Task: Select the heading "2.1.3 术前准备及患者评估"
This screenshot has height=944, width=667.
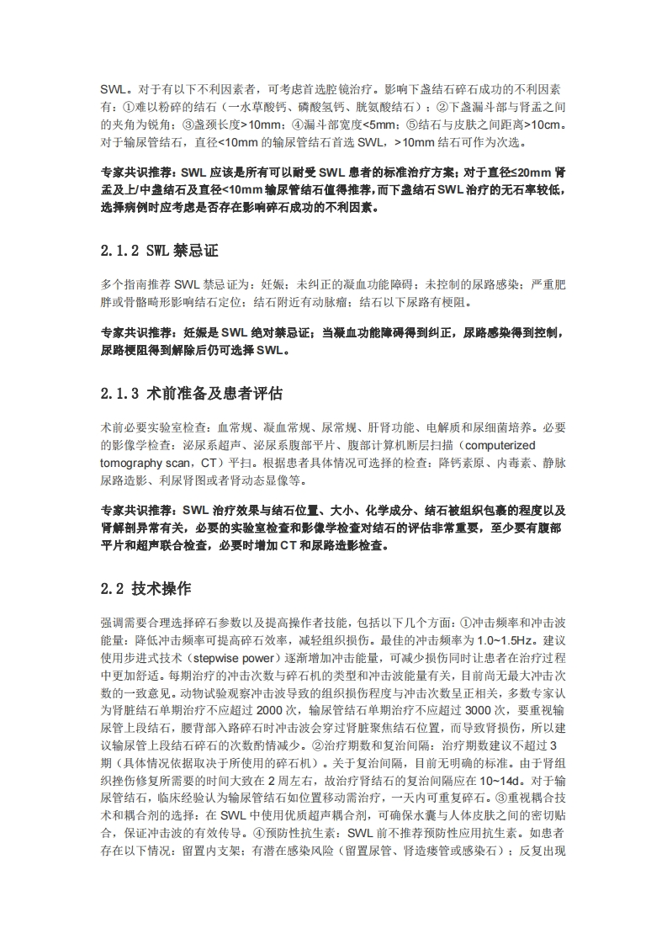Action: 192,393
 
